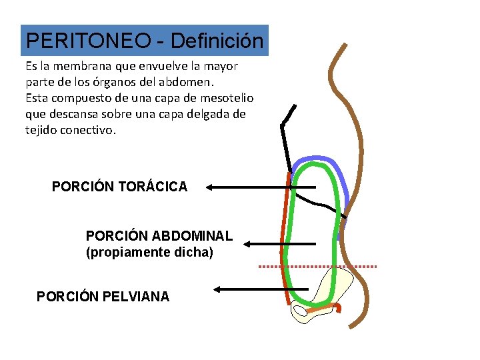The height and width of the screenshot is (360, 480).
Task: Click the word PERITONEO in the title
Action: click(87, 41)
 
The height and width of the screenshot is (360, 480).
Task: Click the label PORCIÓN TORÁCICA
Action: click(119, 187)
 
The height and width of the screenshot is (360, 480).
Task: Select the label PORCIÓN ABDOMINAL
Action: click(159, 236)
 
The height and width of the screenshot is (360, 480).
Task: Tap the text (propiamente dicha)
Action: click(149, 253)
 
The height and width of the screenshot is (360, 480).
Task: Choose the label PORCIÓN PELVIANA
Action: click(103, 296)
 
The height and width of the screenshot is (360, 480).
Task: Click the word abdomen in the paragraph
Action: click(190, 83)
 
